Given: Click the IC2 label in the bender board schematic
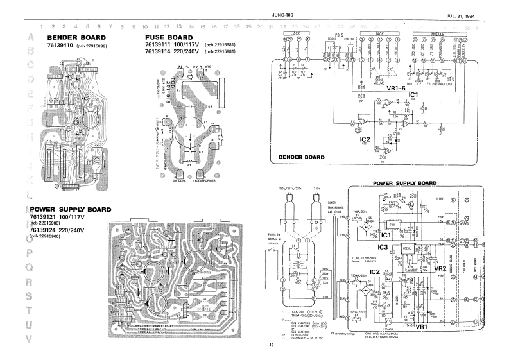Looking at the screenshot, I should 365,139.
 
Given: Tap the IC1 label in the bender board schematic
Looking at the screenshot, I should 413,95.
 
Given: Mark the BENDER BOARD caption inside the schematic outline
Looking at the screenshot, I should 302,157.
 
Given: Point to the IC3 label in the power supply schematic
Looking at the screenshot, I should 383,246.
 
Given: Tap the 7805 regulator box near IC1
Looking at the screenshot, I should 390,223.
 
